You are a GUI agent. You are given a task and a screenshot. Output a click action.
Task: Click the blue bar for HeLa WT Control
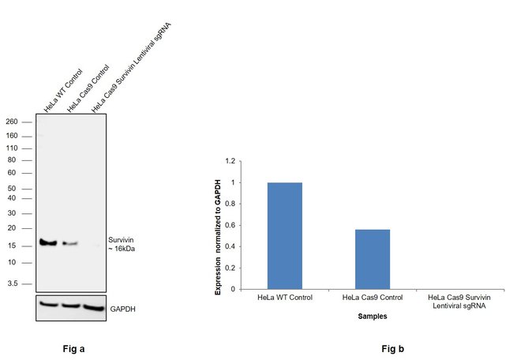pyautogui.click(x=285, y=235)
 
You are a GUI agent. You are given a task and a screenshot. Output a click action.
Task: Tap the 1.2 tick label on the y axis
pyautogui.click(x=230, y=161)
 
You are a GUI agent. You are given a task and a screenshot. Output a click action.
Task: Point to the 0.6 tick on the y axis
pyautogui.click(x=230, y=225)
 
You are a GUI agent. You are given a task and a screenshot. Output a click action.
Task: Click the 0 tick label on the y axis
pyautogui.click(x=232, y=289)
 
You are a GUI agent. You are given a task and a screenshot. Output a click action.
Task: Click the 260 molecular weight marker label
pyautogui.click(x=12, y=122)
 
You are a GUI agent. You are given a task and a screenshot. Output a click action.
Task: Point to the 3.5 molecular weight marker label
pyautogui.click(x=13, y=283)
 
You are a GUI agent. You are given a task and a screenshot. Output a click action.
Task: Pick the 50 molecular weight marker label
pyautogui.click(x=13, y=189)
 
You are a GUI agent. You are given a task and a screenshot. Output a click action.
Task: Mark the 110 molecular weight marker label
pyautogui.click(x=12, y=148)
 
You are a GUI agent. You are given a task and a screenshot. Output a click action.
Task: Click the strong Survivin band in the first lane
pyautogui.click(x=48, y=242)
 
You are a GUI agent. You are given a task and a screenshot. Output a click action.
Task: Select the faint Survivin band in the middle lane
pyautogui.click(x=70, y=243)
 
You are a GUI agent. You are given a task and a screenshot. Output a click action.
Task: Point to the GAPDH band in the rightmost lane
pyautogui.click(x=94, y=306)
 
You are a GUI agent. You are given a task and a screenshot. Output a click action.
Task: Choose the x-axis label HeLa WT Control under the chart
pyautogui.click(x=285, y=297)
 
